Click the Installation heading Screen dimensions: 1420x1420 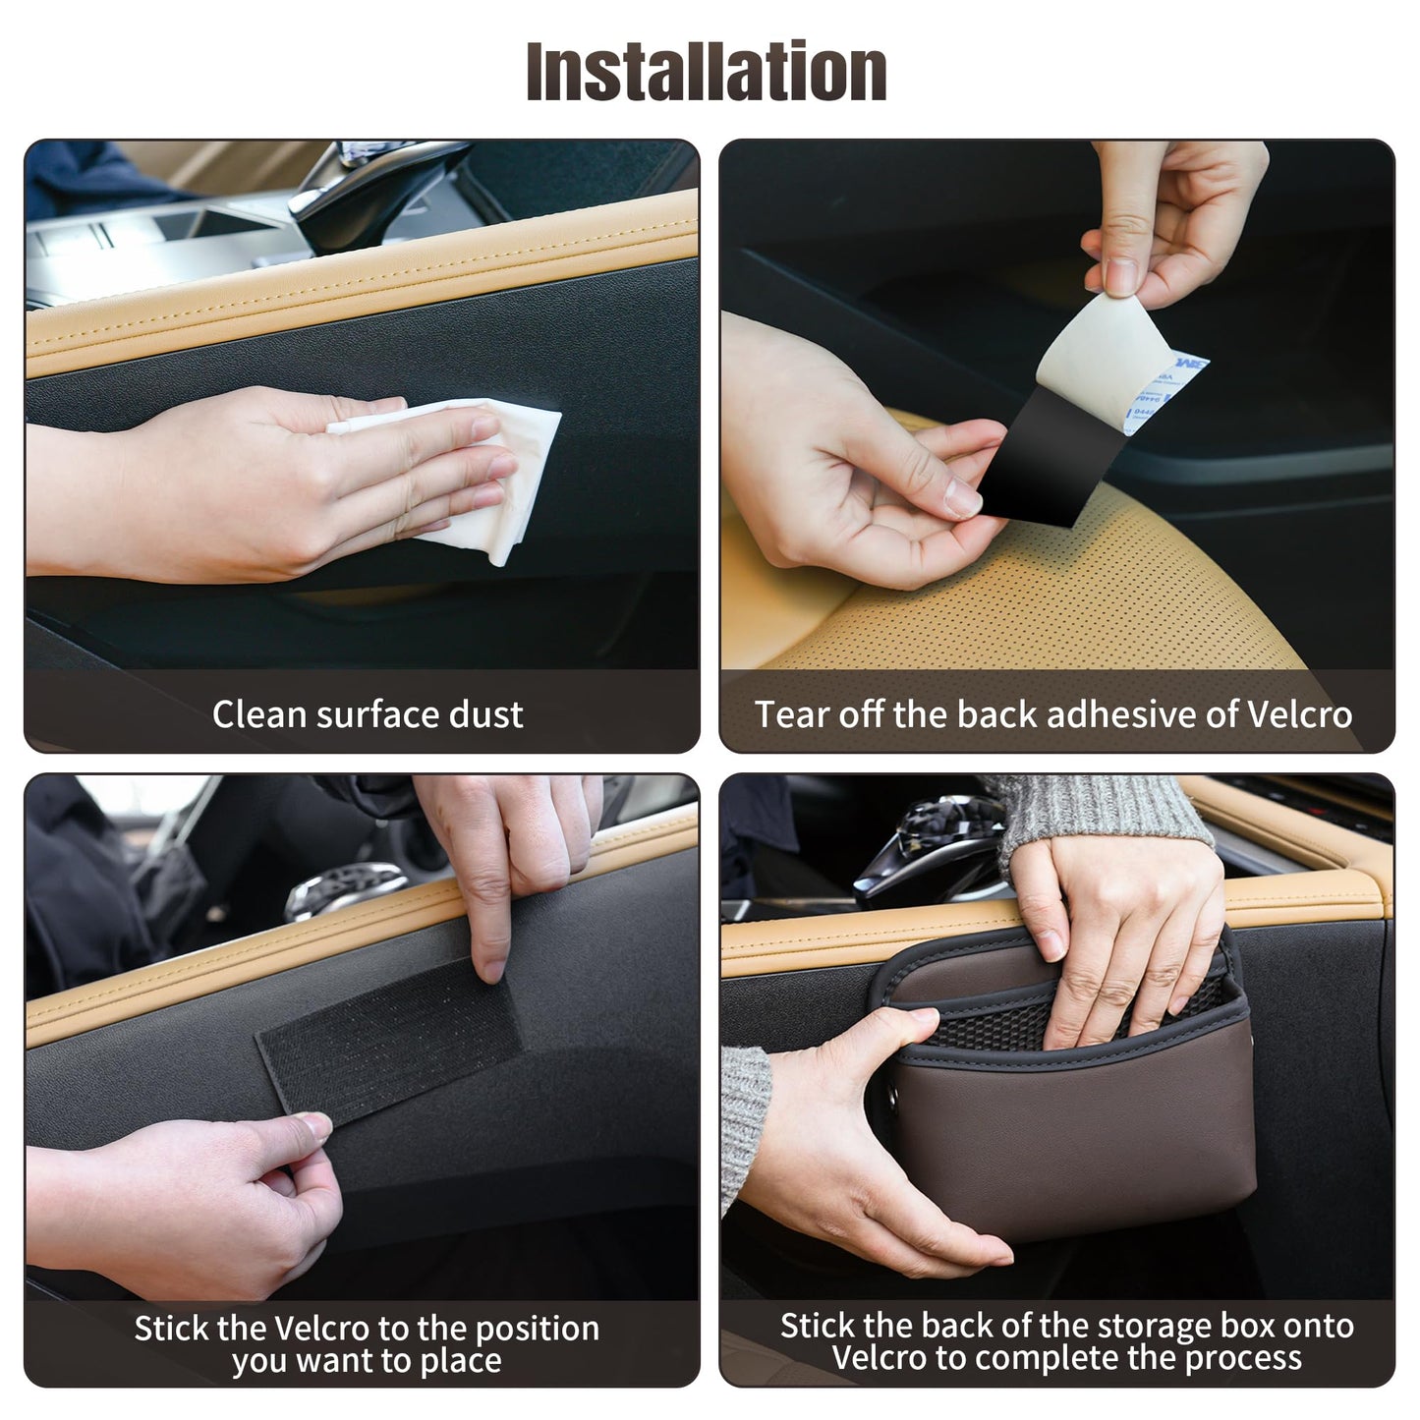click(707, 72)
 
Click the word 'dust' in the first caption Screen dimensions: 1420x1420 click(485, 714)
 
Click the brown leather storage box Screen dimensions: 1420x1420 click(1081, 1130)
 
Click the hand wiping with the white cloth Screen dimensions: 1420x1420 click(295, 482)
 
